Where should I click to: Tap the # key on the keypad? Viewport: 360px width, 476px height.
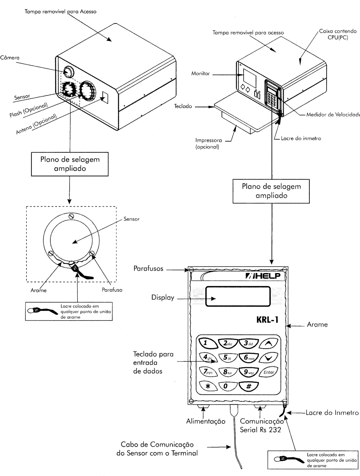[x=248, y=386]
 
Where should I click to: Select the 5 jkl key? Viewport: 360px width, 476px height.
[x=227, y=357]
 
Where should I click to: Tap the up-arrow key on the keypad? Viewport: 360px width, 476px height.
[x=269, y=343]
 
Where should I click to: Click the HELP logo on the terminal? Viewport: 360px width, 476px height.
[x=263, y=276]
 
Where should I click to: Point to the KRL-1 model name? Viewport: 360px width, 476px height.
[x=267, y=320]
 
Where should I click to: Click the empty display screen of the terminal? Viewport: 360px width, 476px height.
[x=238, y=296]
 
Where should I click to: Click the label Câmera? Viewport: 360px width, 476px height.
[x=10, y=58]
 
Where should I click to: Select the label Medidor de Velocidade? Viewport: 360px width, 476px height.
[x=333, y=115]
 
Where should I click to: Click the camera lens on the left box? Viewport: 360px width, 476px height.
[x=69, y=71]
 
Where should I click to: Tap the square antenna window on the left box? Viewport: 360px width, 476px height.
[x=105, y=97]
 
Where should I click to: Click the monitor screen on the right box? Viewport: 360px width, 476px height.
[x=250, y=78]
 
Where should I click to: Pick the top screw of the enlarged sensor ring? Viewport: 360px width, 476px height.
[x=71, y=216]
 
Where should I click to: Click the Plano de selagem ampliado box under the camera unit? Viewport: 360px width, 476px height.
[x=70, y=164]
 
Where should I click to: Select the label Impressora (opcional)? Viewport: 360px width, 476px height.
[x=208, y=144]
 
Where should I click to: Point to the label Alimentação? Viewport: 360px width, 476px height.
[x=206, y=421]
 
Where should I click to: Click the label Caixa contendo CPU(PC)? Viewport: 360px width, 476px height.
[x=338, y=34]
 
